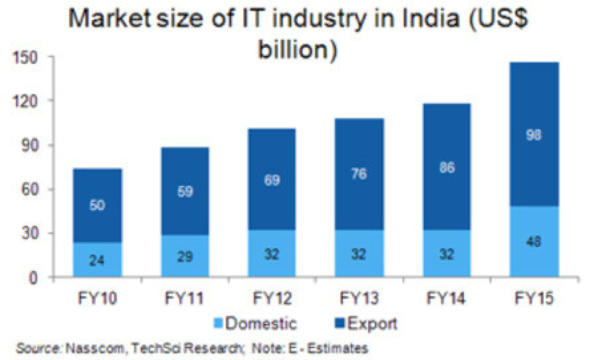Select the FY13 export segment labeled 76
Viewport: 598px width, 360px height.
pos(359,174)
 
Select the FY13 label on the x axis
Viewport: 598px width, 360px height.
pos(359,299)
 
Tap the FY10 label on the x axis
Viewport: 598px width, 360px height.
pos(98,299)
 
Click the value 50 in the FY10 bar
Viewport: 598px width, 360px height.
pos(98,206)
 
